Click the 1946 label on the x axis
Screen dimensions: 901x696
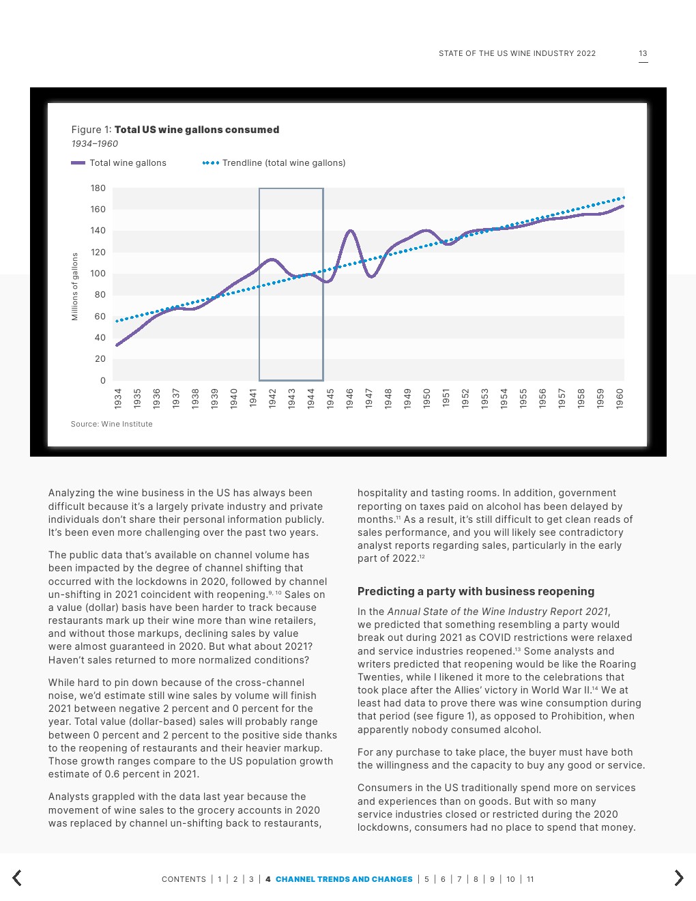click(x=350, y=398)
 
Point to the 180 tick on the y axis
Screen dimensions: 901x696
click(x=98, y=188)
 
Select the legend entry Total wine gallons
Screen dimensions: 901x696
click(x=119, y=163)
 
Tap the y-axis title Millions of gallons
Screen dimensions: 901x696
click(x=75, y=287)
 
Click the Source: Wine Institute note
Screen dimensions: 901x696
click(x=112, y=424)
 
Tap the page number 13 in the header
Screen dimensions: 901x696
click(x=643, y=53)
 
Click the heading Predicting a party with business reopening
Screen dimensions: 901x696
click(x=476, y=591)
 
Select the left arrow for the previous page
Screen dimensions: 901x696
click(x=17, y=878)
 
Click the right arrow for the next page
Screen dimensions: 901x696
click(x=678, y=878)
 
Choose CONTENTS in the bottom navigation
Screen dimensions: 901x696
click(x=184, y=879)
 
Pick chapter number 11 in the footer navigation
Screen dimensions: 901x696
click(x=530, y=879)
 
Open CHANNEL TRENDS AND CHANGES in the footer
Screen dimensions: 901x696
click(x=344, y=879)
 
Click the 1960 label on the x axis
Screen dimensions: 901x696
click(x=620, y=398)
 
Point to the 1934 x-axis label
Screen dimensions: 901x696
click(x=118, y=398)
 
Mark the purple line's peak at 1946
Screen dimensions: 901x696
click(x=350, y=231)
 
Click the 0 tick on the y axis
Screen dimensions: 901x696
click(x=103, y=381)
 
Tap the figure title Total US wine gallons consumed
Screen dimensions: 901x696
click(x=197, y=130)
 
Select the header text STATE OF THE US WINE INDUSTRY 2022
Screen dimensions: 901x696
click(x=517, y=53)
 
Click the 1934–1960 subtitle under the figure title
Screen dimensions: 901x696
click(x=95, y=144)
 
